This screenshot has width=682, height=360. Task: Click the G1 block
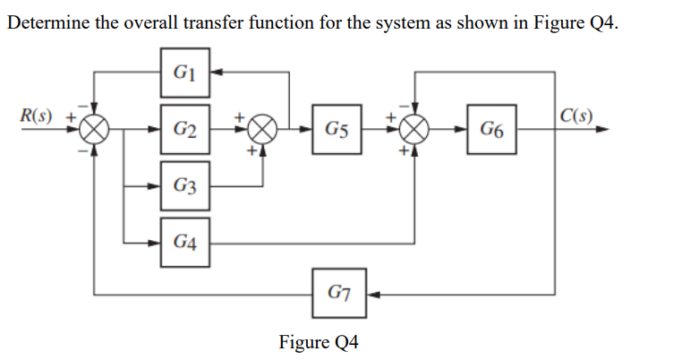tap(185, 72)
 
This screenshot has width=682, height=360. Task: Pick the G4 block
tap(185, 241)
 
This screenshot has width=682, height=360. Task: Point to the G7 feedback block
tap(339, 293)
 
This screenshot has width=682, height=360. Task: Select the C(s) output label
tap(574, 115)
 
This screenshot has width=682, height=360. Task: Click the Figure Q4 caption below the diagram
tap(318, 342)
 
